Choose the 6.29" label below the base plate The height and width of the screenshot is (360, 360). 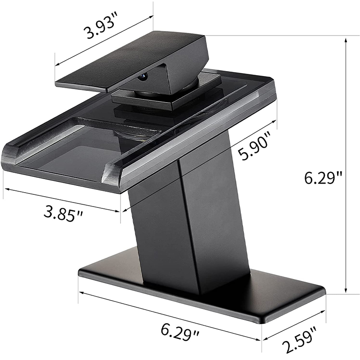click(180, 331)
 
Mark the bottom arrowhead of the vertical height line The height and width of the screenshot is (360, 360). click(346, 291)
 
